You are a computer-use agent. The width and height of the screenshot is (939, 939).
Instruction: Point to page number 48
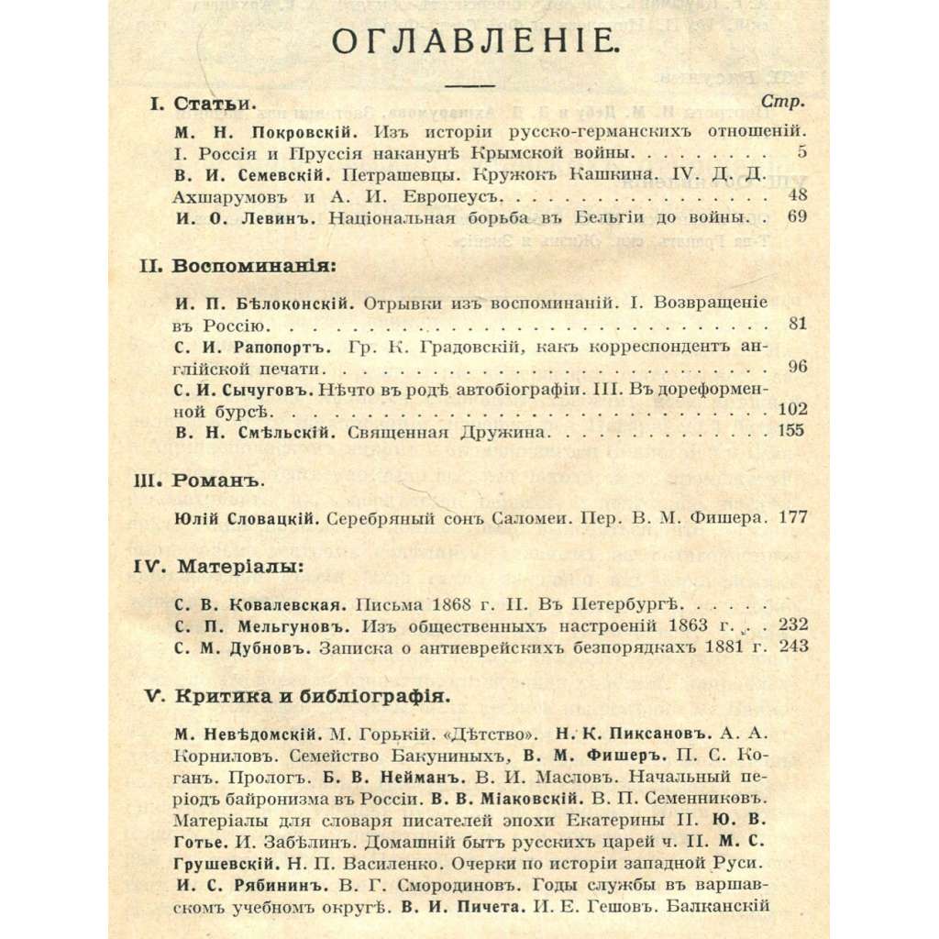point(796,196)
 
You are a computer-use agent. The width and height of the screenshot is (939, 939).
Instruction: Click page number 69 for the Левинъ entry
point(796,217)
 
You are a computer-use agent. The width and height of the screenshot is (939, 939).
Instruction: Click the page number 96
point(796,368)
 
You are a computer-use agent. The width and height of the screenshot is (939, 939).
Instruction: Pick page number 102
point(790,409)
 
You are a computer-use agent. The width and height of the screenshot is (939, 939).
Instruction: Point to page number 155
point(790,430)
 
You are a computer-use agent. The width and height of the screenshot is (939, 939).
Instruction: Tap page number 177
point(791,517)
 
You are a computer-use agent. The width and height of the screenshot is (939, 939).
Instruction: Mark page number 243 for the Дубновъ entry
point(791,646)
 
